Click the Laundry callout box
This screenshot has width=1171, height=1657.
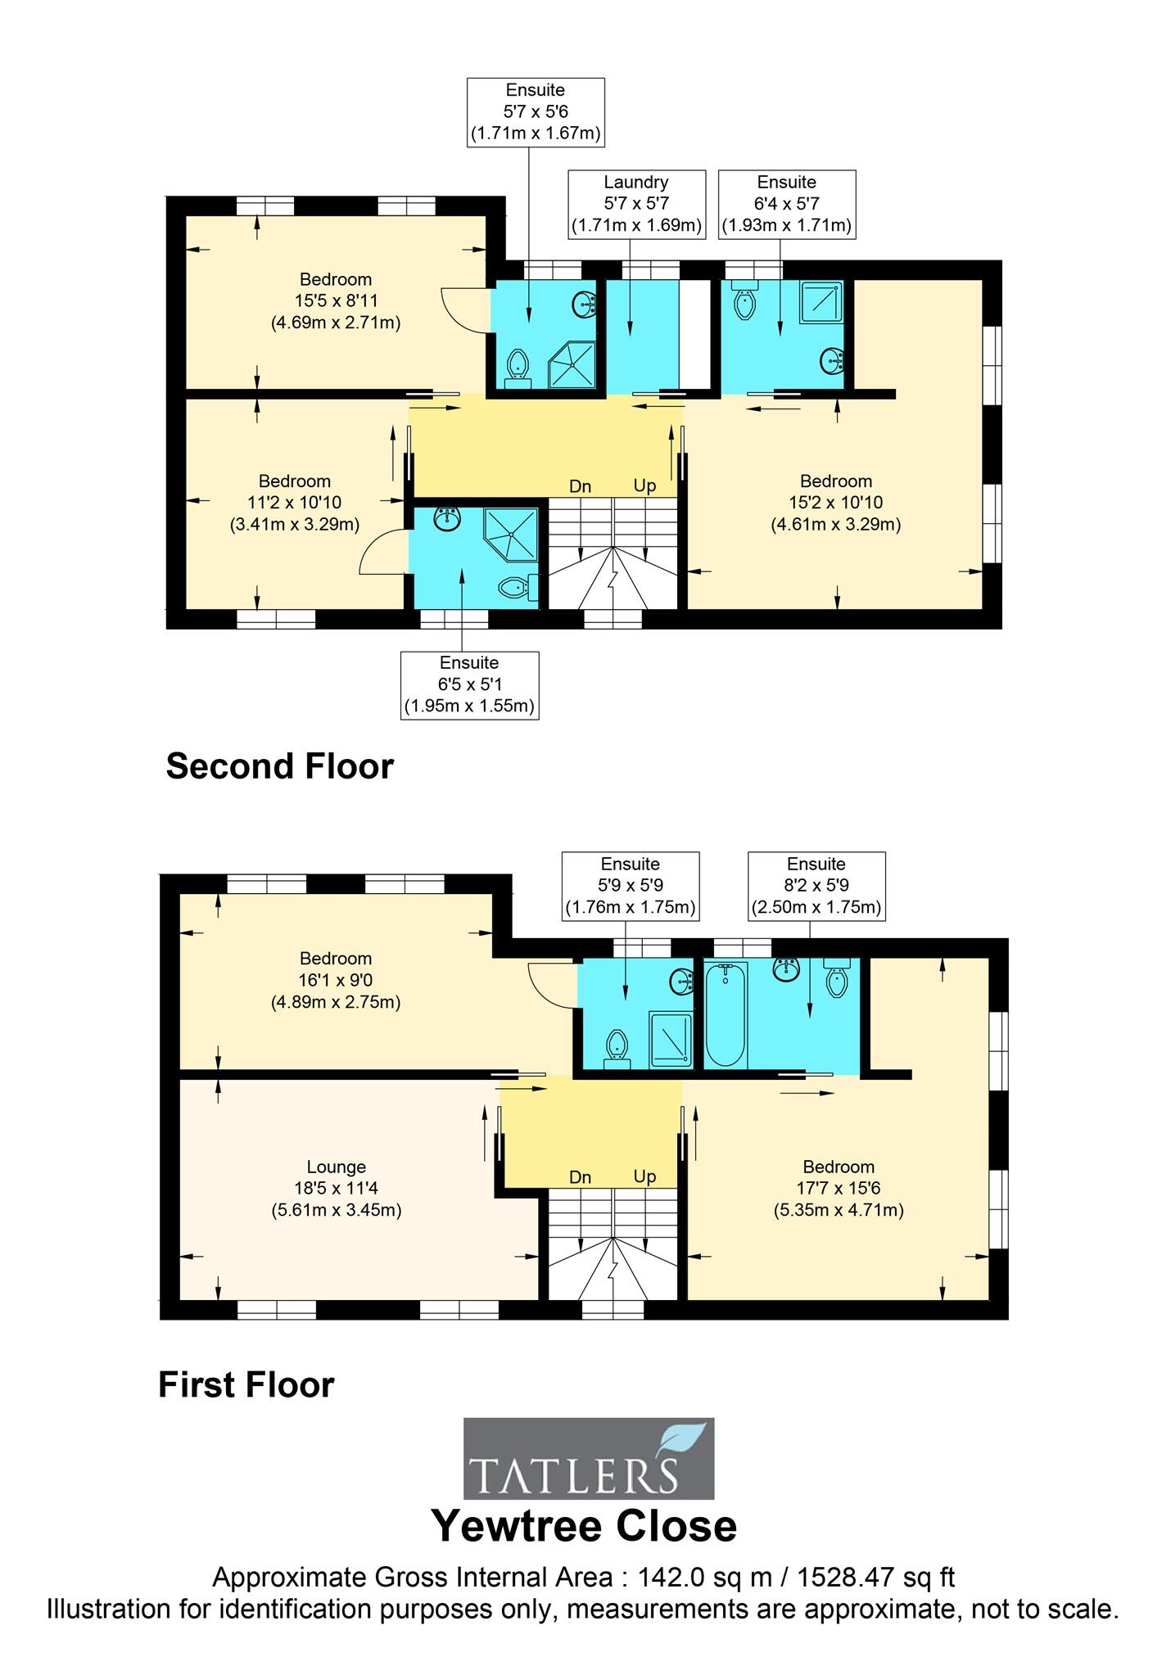636,205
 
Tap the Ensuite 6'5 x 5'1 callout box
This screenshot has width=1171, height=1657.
469,685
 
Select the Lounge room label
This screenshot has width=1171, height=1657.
336,1188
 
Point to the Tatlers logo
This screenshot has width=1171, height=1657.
588,1458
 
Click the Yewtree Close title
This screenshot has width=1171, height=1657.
584,1525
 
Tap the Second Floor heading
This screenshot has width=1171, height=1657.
279,766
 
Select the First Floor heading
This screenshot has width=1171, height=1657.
246,1385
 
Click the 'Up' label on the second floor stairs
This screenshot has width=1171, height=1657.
644,486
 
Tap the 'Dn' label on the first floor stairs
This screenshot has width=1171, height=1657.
580,1177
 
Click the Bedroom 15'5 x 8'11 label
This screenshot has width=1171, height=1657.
336,300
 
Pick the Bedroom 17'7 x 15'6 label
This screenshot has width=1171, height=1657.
839,1188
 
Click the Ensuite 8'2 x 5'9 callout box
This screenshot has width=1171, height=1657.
816,886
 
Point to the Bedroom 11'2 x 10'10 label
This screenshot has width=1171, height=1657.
295,502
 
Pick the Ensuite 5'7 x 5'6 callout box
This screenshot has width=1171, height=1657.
536,112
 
